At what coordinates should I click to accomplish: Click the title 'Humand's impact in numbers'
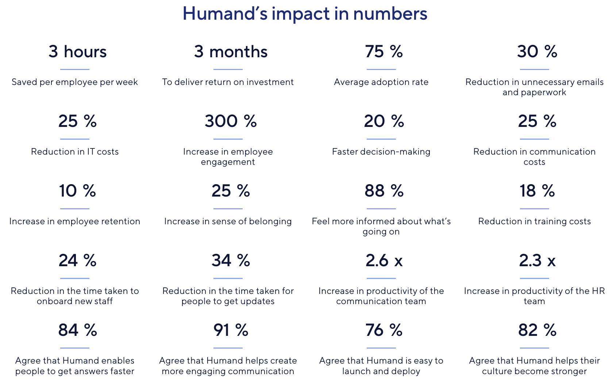click(x=305, y=13)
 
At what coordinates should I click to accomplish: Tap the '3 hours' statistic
click(x=78, y=52)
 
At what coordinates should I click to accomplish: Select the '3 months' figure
click(x=231, y=52)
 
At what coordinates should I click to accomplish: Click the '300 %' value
click(x=231, y=121)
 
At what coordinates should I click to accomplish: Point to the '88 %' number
click(x=384, y=191)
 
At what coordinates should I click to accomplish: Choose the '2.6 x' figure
click(x=384, y=260)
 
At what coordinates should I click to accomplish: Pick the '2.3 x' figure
click(x=537, y=260)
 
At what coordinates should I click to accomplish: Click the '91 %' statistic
click(x=231, y=330)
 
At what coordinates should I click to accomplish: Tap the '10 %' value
click(x=78, y=191)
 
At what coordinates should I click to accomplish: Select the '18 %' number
click(x=537, y=191)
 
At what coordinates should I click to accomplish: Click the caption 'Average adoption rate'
click(x=381, y=82)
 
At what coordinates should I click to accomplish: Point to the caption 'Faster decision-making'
click(x=381, y=152)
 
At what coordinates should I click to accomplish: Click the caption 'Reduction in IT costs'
click(x=75, y=152)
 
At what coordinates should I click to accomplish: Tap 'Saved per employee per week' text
click(x=75, y=82)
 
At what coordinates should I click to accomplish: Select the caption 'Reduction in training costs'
click(x=534, y=221)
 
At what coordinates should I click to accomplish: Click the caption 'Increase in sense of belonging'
click(x=228, y=221)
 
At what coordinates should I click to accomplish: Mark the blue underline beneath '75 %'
click(x=381, y=69)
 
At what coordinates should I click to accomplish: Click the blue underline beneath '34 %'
click(x=228, y=278)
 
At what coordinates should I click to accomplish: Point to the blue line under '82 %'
click(x=534, y=348)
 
